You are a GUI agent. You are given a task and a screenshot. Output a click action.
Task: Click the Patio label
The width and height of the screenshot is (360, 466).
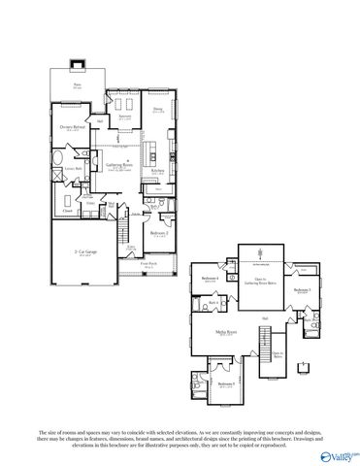tap(78, 85)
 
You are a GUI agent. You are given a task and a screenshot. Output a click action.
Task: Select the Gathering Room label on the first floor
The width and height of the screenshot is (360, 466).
tap(126, 166)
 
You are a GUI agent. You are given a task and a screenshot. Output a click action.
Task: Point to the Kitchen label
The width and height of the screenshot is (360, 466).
tap(158, 173)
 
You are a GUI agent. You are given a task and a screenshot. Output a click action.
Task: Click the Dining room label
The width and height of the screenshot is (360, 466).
tap(158, 110)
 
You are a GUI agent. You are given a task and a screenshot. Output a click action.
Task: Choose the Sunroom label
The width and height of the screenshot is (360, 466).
tap(125, 116)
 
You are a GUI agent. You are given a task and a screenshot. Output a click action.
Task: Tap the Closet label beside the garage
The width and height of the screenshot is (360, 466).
tap(68, 210)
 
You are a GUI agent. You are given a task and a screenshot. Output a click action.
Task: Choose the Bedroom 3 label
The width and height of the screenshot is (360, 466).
tap(303, 289)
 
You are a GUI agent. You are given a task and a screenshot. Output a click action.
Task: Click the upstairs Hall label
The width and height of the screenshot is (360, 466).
tap(264, 316)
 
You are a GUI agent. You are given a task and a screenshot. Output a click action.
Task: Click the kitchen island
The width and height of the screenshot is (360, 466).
tap(154, 150)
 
